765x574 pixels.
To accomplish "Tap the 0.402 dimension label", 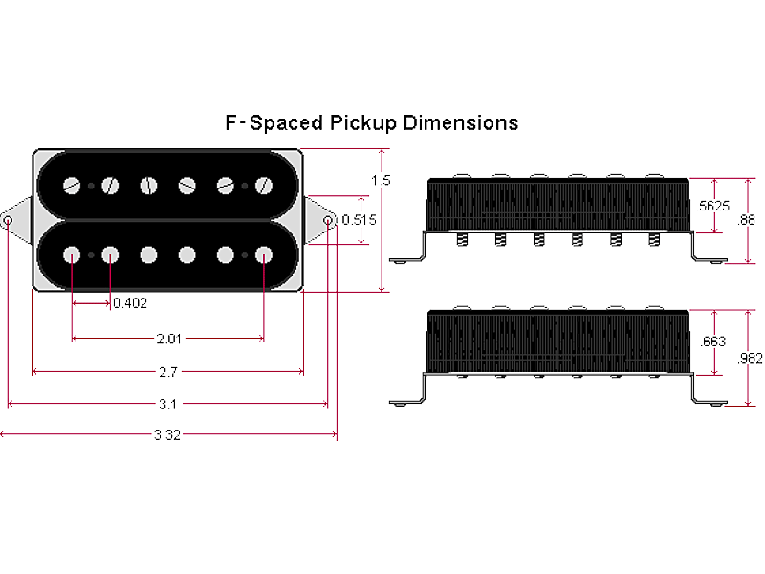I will (x=130, y=303).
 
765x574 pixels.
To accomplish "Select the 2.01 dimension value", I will (x=168, y=338).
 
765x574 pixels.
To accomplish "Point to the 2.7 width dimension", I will (x=168, y=371).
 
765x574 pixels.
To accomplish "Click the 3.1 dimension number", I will (x=168, y=404).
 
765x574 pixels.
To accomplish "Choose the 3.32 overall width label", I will (x=168, y=435).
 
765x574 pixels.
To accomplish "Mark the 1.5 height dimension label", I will (x=382, y=180).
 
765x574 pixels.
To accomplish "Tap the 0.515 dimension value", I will (x=359, y=220).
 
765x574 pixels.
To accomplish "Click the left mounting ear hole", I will (x=9, y=221).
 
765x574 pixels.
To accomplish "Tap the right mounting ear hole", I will (x=328, y=221).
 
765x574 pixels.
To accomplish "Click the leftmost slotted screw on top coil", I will (x=72, y=185).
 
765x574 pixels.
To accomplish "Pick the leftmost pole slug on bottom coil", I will (x=72, y=254).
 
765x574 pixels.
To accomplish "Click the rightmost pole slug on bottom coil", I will (x=263, y=254).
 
